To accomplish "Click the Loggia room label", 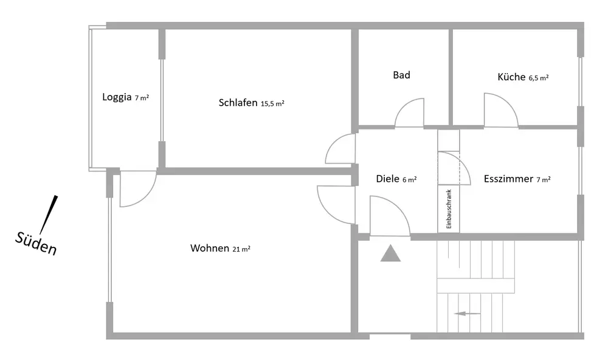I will click(x=117, y=97).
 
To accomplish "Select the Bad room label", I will click(x=401, y=75).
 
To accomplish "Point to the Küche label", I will click(x=511, y=77).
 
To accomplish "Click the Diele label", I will click(x=387, y=179).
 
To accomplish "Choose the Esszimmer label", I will click(x=508, y=179).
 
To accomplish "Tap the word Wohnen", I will click(x=210, y=248).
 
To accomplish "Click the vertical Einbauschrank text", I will click(x=449, y=209).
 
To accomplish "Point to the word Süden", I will click(x=36, y=243).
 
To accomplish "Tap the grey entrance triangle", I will click(x=390, y=252).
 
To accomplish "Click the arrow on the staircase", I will click(x=468, y=314).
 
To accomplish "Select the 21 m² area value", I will click(x=242, y=249).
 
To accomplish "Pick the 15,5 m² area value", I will click(x=272, y=103).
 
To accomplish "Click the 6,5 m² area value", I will click(x=539, y=78).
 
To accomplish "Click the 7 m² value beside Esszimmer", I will click(x=544, y=179).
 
